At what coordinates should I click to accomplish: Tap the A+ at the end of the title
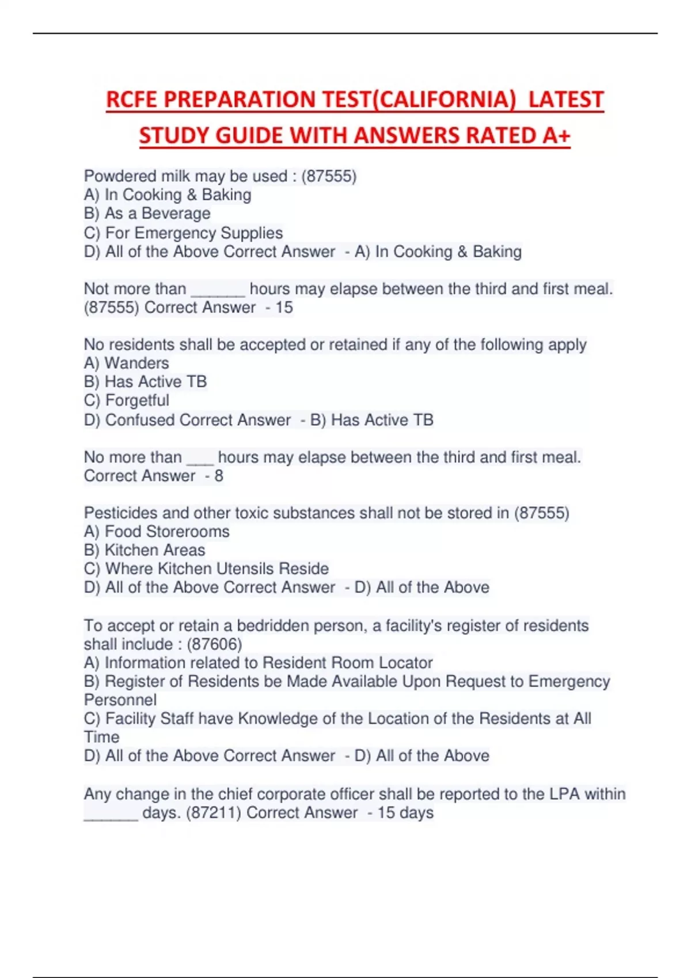tap(556, 136)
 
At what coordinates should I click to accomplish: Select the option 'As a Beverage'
tap(157, 213)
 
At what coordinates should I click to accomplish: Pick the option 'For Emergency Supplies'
tap(193, 233)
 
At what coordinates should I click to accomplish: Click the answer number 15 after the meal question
tap(284, 307)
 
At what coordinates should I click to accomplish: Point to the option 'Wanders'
tap(136, 363)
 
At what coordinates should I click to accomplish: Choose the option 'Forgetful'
tap(137, 400)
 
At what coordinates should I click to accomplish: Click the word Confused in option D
tap(140, 420)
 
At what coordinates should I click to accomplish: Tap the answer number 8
tap(219, 476)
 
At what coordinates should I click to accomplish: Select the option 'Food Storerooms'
tap(167, 532)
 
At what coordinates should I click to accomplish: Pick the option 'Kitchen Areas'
tap(154, 550)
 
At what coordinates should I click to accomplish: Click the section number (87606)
tap(215, 644)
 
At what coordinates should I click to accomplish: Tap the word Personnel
tap(120, 700)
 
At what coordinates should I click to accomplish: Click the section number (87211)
tap(214, 812)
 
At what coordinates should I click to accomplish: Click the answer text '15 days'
tap(405, 812)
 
